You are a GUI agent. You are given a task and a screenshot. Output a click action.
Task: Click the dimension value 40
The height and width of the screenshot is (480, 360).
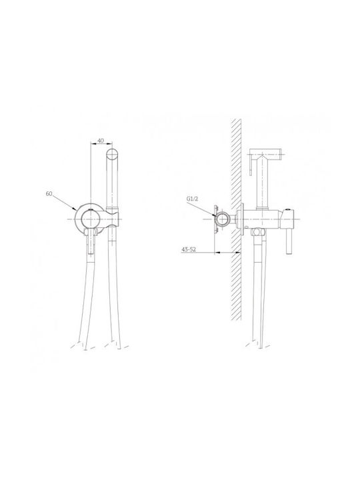tap(101, 141)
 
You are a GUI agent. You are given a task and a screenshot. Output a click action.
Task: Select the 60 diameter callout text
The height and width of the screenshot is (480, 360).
tap(49, 194)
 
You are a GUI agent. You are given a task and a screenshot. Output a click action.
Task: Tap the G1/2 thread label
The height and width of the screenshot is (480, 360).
tap(193, 199)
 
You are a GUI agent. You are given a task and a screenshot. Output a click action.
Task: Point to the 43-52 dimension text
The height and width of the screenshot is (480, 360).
tap(189, 249)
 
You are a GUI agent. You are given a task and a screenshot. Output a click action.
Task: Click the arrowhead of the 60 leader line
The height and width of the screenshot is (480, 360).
tap(75, 209)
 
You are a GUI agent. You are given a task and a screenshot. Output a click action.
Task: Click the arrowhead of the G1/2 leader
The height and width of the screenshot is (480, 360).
tap(215, 215)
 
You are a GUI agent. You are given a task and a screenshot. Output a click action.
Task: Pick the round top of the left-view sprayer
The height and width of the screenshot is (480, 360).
tap(112, 154)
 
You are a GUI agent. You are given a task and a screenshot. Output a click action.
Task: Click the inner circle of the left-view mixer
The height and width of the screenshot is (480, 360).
tap(89, 219)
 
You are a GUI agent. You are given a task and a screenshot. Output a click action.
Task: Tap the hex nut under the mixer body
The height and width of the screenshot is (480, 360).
tap(258, 232)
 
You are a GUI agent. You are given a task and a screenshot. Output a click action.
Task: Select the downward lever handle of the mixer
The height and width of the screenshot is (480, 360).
tap(289, 242)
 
